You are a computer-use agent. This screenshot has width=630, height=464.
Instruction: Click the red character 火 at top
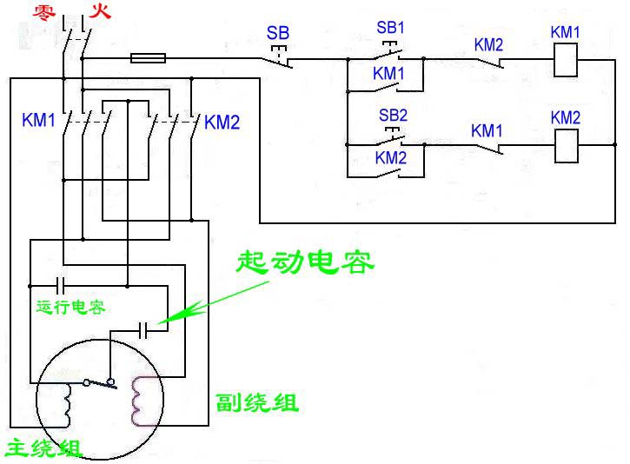pos(100,12)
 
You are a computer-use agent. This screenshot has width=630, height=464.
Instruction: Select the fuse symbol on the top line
pos(149,58)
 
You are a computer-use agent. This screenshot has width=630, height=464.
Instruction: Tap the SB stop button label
pos(278,34)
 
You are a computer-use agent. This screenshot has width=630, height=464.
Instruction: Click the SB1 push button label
pos(391,27)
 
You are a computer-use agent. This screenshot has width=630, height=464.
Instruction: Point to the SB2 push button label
pos(393,115)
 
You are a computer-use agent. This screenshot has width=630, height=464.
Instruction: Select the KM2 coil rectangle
pos(567,144)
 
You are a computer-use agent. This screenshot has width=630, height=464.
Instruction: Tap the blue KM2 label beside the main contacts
pos(222,123)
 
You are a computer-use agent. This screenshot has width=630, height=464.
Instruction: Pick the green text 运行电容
pos(71,307)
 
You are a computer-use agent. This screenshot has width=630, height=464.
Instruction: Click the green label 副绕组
pos(257,403)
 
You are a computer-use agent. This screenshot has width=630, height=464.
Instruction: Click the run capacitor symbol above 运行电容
pos(61,284)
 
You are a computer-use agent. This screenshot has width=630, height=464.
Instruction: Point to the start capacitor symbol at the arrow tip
pos(149,329)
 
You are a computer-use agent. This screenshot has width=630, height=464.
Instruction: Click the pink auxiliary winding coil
pos(139,401)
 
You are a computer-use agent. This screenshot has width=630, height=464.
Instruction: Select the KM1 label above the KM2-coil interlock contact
pos(487,130)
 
